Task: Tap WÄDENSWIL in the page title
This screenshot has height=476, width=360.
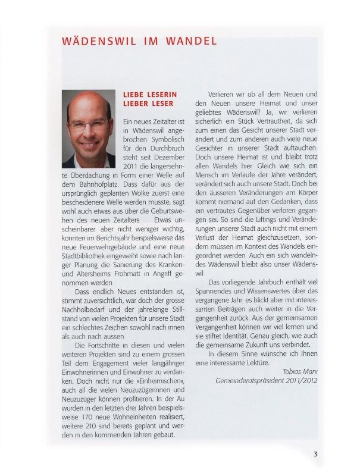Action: (96, 42)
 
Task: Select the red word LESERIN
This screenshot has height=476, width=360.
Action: (159, 94)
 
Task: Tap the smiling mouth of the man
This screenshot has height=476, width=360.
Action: (89, 143)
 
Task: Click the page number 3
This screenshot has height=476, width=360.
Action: (315, 454)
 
